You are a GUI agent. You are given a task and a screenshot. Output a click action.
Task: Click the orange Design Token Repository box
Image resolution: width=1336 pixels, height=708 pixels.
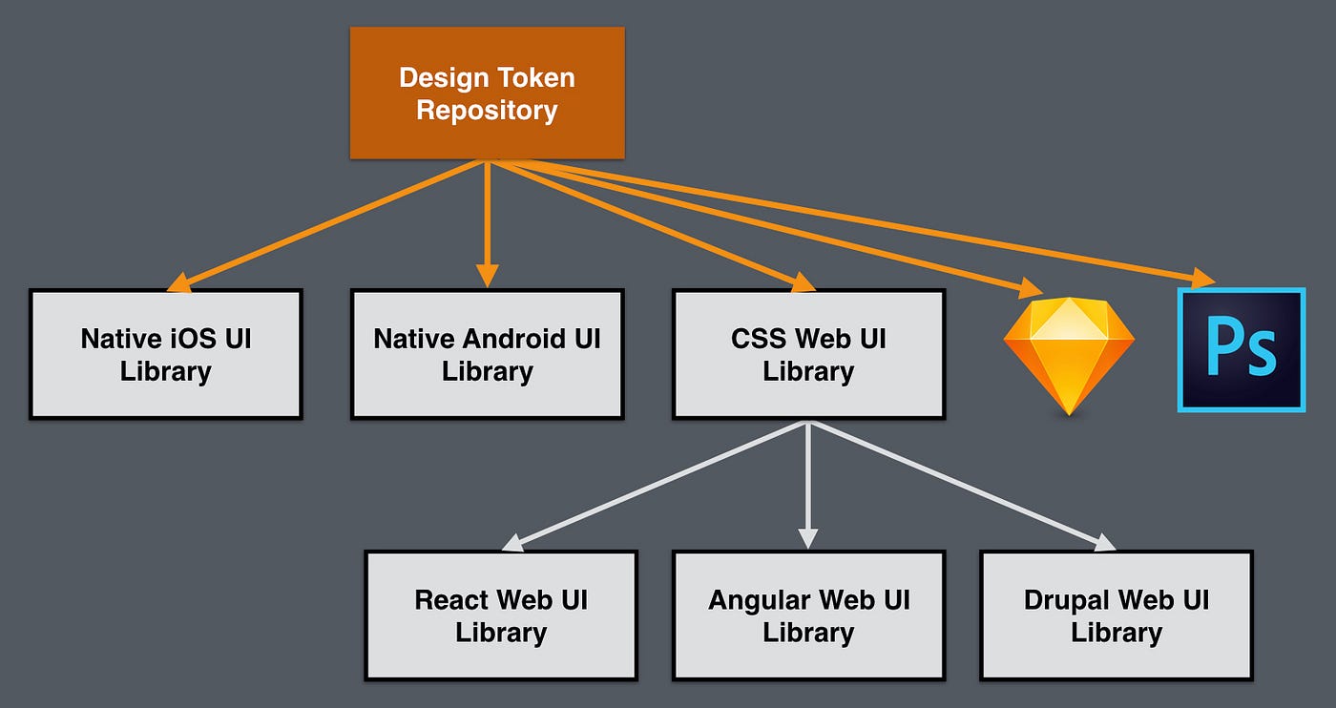coord(487,93)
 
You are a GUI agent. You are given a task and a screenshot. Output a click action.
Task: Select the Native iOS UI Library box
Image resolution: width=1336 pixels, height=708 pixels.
coord(166,354)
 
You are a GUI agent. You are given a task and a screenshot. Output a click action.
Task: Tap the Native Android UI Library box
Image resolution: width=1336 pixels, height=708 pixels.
coord(487,354)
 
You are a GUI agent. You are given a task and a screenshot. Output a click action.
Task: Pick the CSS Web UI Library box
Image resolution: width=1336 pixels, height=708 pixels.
coord(808,354)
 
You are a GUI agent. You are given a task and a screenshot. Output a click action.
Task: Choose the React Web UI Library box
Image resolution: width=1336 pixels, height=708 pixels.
coord(501,615)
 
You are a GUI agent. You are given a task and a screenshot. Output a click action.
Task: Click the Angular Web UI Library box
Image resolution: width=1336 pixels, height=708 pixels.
coord(808,615)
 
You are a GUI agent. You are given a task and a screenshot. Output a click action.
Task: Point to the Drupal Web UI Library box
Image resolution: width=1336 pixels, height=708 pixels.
coord(1116,615)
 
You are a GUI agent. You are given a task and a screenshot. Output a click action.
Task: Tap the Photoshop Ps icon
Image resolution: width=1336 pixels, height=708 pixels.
coord(1242,350)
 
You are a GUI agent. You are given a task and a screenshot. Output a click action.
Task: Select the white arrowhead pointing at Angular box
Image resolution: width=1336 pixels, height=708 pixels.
coord(808,539)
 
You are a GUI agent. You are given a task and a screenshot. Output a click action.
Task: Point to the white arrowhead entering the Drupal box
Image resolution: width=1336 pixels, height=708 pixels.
coord(1104,542)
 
